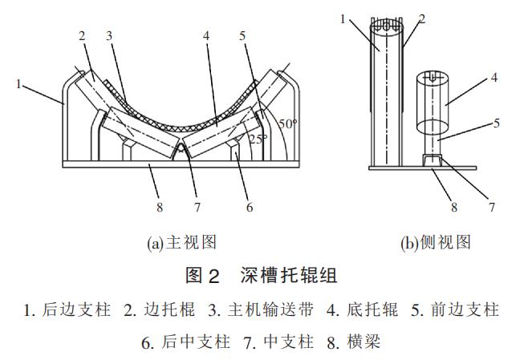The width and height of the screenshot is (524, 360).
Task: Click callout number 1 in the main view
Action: (x=18, y=82)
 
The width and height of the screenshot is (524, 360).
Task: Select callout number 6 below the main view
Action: (x=250, y=207)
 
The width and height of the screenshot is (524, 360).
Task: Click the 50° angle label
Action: (x=287, y=123)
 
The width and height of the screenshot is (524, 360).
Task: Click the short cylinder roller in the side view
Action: (x=435, y=104)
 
